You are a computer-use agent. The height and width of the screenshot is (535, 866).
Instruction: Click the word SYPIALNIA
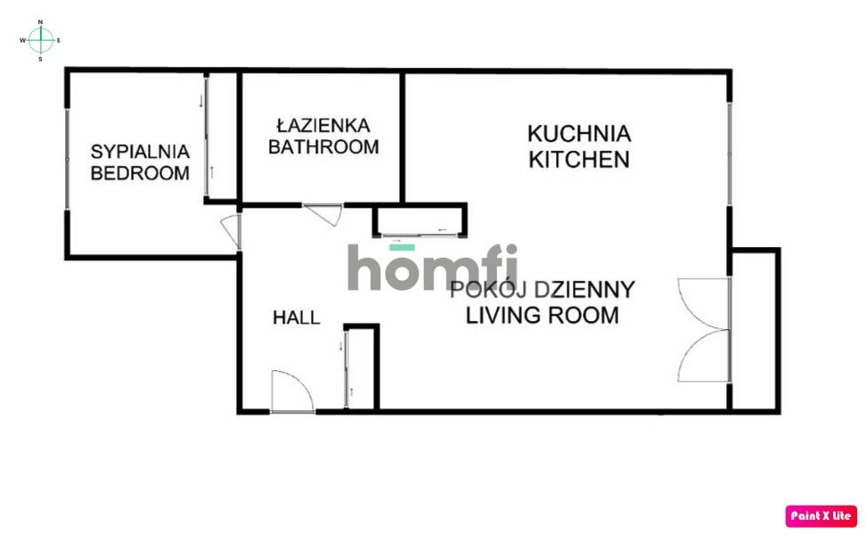[141, 151]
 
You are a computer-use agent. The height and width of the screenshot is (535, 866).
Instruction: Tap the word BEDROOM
[141, 173]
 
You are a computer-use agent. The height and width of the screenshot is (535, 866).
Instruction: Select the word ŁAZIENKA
[323, 126]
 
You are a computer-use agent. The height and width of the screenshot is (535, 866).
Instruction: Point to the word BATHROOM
[323, 147]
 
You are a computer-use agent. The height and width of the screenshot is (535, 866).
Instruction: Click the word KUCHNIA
[579, 135]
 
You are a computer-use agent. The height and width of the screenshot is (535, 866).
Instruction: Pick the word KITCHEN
[579, 160]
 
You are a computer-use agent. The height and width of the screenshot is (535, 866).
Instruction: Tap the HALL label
[296, 317]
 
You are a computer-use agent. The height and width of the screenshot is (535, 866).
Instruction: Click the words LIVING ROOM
[543, 315]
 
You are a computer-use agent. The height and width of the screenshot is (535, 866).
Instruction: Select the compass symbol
[41, 39]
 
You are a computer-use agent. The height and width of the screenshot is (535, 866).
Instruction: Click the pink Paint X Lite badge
[821, 515]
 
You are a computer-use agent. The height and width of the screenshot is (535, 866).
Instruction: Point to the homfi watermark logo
[432, 267]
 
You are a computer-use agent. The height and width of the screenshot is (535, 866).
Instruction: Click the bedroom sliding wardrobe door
[208, 136]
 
